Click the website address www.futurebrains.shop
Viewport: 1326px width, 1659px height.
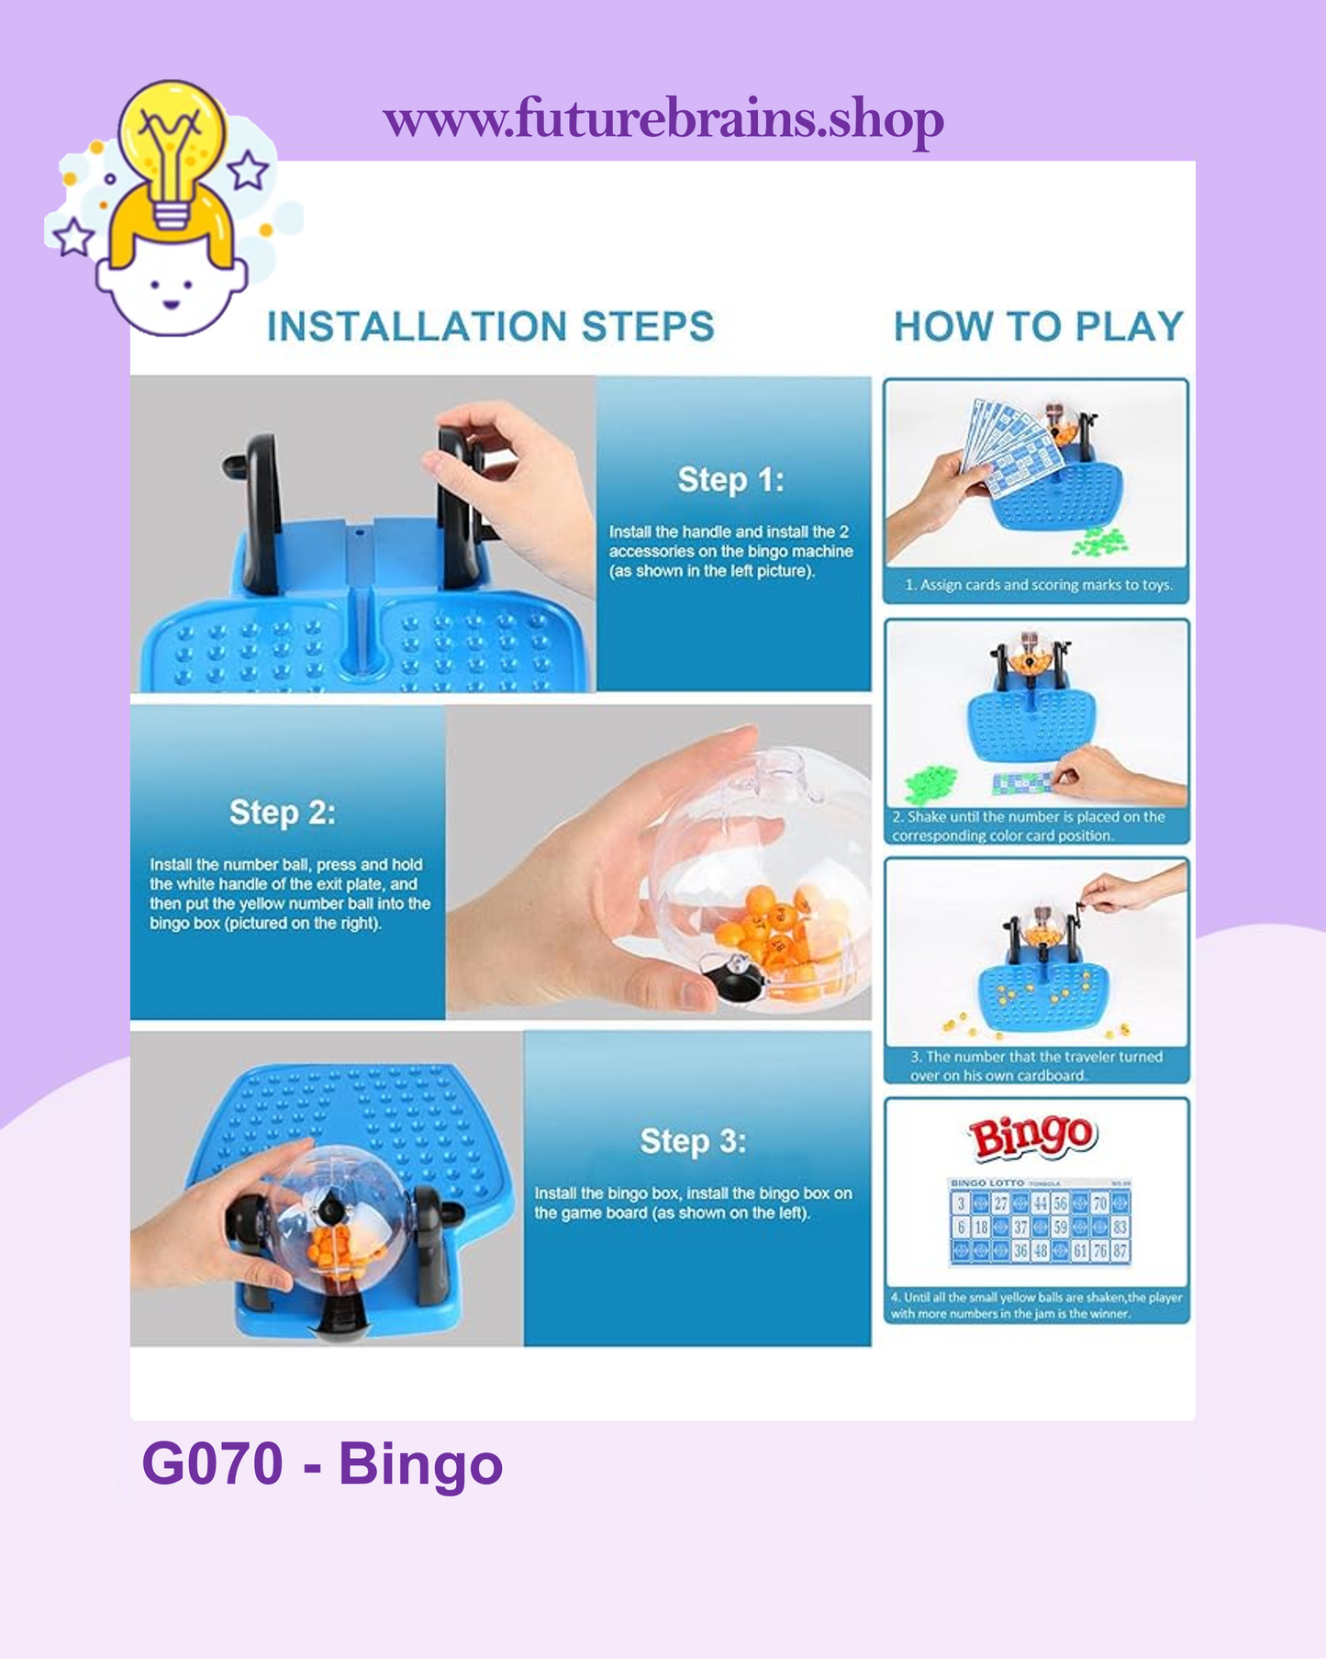tap(663, 119)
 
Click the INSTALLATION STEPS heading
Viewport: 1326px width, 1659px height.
tap(490, 327)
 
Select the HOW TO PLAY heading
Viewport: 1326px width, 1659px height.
tap(1038, 327)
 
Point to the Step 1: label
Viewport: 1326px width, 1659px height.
tap(730, 479)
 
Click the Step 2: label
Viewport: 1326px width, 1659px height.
tap(283, 813)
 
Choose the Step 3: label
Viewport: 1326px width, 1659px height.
tap(693, 1141)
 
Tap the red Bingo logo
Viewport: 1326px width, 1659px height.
tap(1033, 1137)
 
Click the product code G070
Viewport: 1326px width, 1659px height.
tap(212, 1463)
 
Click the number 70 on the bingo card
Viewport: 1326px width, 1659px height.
tap(1100, 1204)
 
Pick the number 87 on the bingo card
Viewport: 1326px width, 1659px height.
tap(1120, 1250)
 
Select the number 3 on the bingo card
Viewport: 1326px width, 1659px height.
tap(961, 1204)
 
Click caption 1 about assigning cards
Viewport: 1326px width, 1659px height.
tap(1038, 585)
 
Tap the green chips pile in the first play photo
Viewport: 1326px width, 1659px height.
tap(1101, 541)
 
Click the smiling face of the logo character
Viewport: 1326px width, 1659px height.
tap(171, 294)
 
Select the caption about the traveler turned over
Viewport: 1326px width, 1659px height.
tap(1034, 1065)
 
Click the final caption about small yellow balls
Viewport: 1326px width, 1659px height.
tap(1035, 1306)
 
